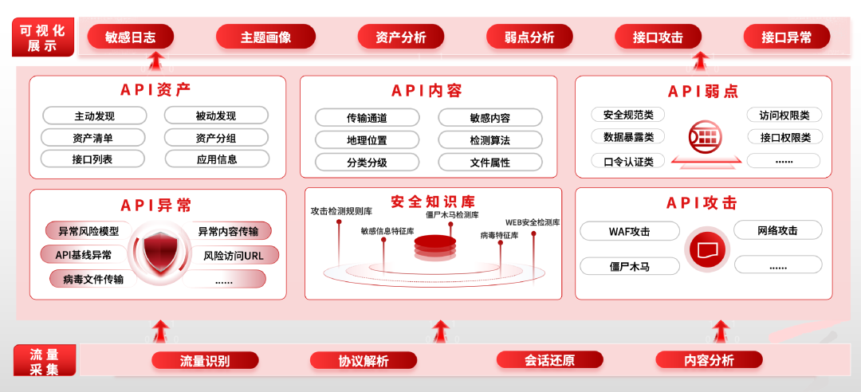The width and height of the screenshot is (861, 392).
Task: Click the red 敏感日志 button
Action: click(130, 37)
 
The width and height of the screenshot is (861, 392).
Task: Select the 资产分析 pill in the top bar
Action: click(401, 37)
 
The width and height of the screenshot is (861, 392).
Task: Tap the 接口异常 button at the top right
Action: click(786, 37)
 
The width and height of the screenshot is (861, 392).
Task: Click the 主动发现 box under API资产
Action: click(93, 116)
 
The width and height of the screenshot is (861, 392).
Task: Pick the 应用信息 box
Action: click(216, 159)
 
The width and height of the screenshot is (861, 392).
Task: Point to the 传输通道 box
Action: click(367, 118)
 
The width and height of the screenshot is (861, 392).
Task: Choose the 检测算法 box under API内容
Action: click(489, 140)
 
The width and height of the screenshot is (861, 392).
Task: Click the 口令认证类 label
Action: click(627, 161)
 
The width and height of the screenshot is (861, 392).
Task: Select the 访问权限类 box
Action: click(784, 116)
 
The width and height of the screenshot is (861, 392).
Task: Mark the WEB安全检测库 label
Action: click(533, 222)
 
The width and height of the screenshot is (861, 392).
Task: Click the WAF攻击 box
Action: click(629, 232)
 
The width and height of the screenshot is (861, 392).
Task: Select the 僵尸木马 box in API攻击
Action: click(629, 266)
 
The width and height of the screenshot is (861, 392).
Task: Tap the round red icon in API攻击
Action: click(708, 249)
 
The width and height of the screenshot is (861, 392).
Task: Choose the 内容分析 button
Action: click(709, 360)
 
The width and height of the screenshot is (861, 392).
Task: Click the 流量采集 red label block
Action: click(45, 361)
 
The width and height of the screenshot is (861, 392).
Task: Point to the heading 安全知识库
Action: click(433, 202)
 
